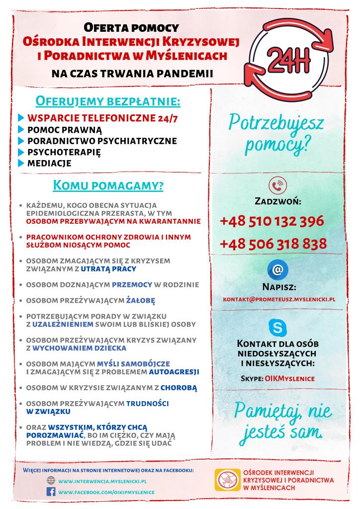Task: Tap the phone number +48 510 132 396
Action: point(271,221)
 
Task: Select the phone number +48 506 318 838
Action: point(273,244)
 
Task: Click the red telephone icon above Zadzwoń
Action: point(277,185)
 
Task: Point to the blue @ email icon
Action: point(277,270)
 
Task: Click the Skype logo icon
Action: point(277,328)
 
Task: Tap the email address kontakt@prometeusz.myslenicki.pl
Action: point(279,300)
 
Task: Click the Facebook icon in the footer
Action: point(51,492)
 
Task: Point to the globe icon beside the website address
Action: point(51,481)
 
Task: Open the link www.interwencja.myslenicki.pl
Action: point(102,481)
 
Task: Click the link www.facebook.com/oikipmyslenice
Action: point(106,492)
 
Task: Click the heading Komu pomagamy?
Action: point(108,186)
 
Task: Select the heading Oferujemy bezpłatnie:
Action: point(107,101)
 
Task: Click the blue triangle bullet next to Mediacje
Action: point(21,163)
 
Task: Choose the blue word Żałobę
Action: point(141,301)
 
